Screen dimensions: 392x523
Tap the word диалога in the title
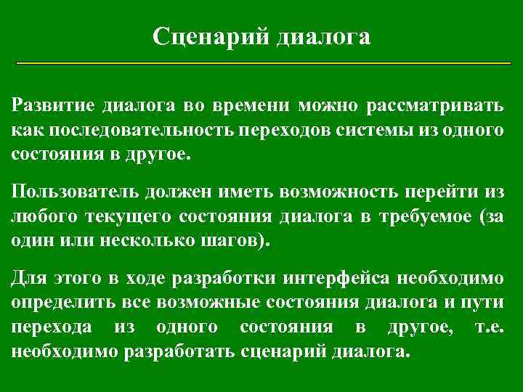pos(323,36)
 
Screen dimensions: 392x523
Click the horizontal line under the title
pos(264,65)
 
